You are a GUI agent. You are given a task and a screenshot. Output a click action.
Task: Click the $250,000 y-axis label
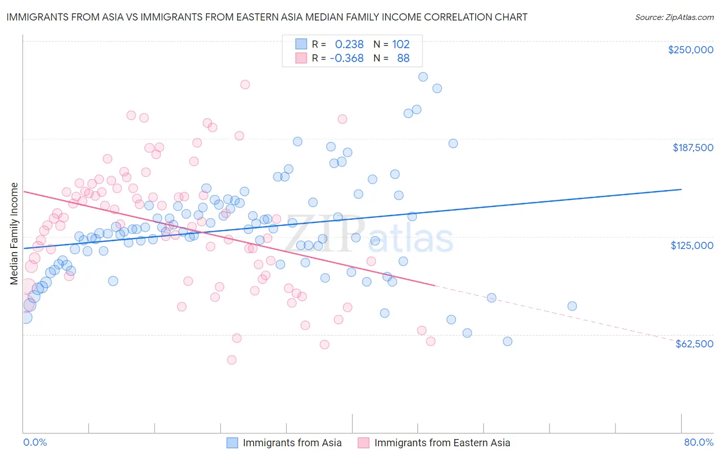point(690,50)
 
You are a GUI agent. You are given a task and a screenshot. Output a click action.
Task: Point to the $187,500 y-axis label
point(692,148)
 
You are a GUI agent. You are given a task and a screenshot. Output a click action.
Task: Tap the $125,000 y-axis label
point(692,245)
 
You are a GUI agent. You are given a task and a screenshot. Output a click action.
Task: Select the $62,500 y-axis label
point(694,344)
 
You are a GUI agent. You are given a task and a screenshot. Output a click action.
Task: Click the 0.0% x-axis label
point(35,442)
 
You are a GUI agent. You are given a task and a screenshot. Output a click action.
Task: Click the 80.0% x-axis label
point(698,442)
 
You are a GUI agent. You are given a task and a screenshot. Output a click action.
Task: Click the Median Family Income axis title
point(14,234)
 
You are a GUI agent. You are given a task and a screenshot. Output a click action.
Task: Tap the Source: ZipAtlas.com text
point(674,17)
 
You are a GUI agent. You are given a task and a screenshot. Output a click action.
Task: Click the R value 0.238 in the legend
point(349,44)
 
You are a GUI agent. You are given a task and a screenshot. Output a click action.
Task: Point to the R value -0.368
point(347,58)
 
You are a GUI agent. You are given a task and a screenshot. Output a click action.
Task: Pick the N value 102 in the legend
point(401,44)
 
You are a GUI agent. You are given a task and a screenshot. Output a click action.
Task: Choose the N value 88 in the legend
point(403,58)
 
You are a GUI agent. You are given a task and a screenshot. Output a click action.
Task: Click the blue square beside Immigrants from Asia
point(232,443)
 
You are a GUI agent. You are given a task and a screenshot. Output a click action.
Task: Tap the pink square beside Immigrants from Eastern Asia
point(364,443)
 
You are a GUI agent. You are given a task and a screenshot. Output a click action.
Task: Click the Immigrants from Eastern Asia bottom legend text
point(442,443)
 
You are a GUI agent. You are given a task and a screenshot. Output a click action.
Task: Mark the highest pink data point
point(245,85)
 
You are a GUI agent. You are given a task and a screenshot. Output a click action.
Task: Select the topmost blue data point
point(423,77)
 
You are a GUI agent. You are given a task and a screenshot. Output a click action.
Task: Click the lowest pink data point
point(231,360)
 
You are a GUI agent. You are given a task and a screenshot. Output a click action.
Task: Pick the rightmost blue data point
point(572,306)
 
